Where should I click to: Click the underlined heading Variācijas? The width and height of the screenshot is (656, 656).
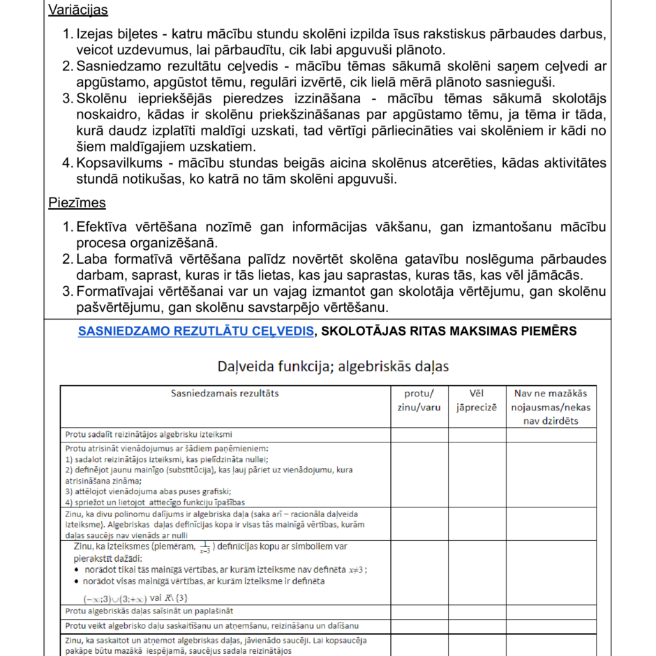(77, 10)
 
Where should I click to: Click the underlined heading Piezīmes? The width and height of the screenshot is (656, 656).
(77, 203)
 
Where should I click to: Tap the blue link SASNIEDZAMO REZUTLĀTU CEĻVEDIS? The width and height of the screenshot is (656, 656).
(195, 331)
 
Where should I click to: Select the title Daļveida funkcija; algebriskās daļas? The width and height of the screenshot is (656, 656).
(332, 366)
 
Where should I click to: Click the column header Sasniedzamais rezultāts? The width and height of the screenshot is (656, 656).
(225, 394)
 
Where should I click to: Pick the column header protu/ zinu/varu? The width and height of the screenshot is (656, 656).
(419, 401)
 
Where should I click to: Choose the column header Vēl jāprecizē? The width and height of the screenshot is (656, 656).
(477, 401)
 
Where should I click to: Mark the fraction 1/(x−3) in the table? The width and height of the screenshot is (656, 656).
(204, 548)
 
